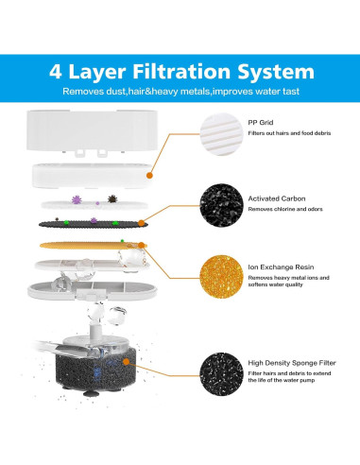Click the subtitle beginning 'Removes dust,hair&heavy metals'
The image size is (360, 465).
coord(180,91)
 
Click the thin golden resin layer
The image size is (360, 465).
coord(95,245)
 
